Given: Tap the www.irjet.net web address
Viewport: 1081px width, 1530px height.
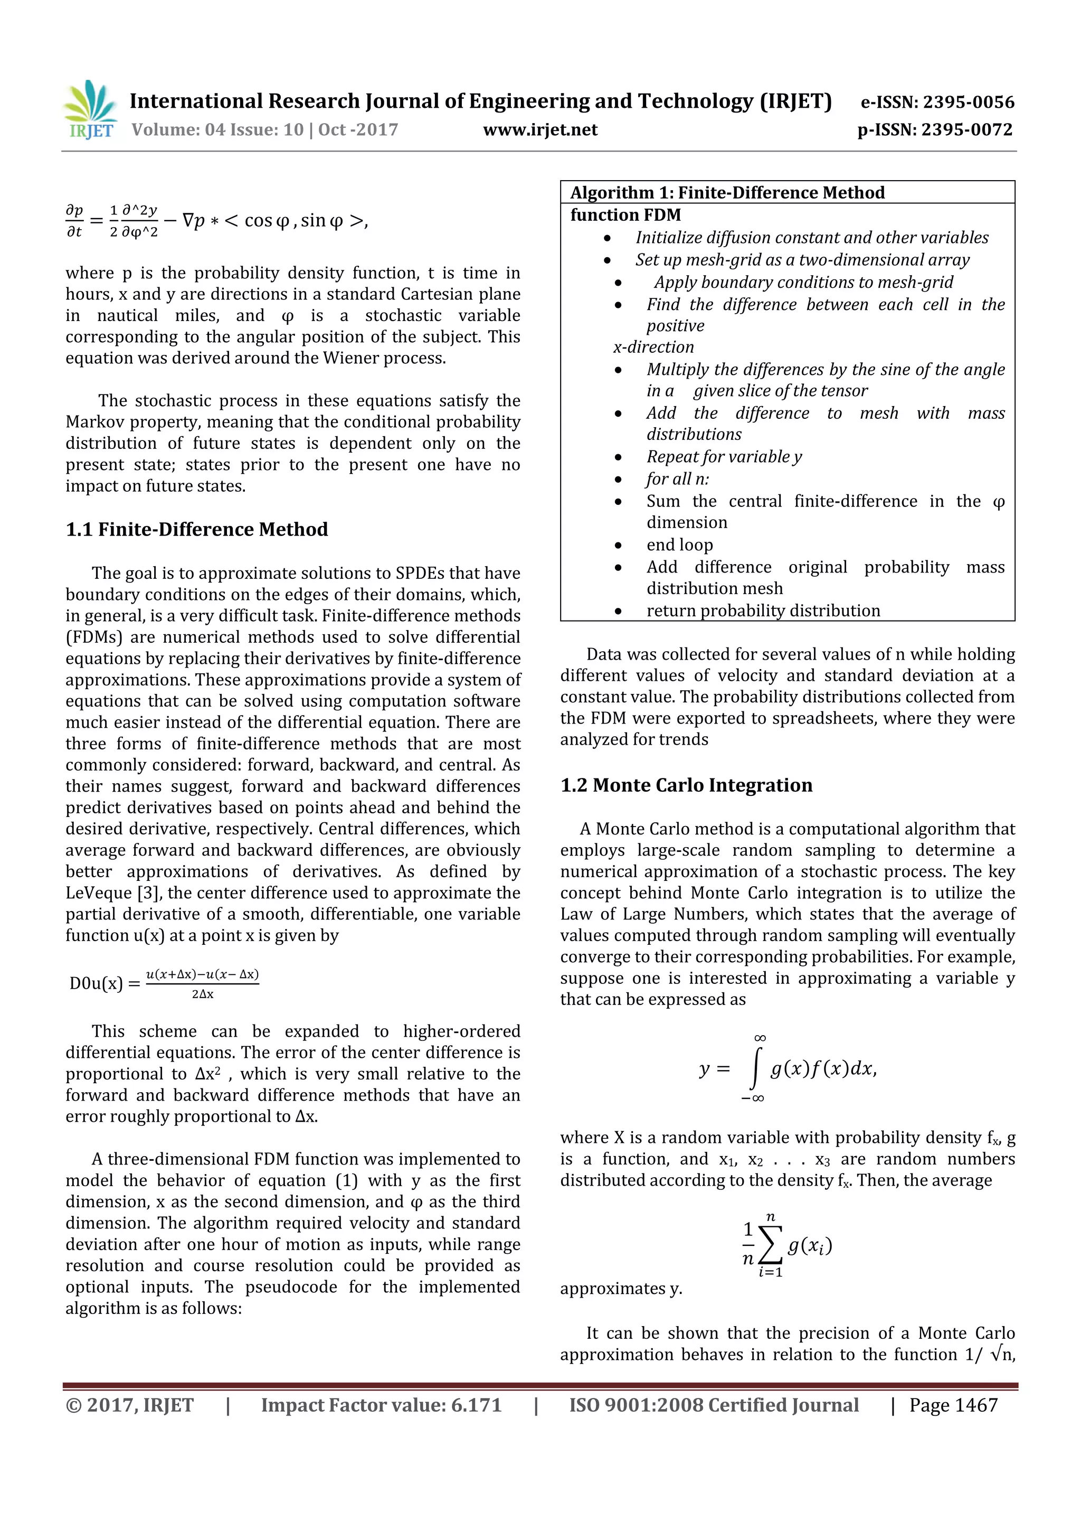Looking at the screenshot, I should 540,129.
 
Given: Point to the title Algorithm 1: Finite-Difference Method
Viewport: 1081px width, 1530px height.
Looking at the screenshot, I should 727,193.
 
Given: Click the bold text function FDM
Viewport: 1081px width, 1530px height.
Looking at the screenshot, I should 625,215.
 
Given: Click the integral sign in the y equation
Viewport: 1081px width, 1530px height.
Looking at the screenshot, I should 755,1069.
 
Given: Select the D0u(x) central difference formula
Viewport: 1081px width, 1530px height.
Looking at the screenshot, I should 164,983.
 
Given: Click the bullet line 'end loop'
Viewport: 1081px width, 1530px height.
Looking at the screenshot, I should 679,545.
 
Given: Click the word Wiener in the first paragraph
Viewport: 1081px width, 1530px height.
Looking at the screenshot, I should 351,358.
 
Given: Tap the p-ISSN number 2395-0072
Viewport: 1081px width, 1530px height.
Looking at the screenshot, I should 966,129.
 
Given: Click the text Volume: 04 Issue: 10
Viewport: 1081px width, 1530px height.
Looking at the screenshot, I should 217,129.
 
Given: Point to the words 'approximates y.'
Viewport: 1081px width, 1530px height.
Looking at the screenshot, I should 621,1289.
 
